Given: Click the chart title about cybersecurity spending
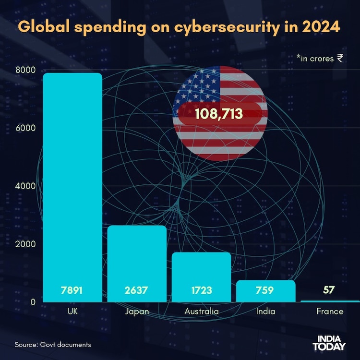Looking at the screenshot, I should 179,26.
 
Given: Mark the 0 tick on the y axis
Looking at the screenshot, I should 32,302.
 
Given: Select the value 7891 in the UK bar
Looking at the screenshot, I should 72,290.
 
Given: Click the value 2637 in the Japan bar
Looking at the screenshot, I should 137,290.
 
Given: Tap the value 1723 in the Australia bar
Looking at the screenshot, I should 201,290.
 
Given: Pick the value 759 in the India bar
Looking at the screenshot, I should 265,290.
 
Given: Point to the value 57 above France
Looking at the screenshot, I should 329,290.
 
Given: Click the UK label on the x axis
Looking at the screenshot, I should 72,312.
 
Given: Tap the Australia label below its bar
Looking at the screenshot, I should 201,312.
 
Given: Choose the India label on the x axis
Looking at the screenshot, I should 265,312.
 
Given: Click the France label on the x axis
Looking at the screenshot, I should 330,312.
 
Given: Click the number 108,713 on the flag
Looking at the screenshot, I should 219,115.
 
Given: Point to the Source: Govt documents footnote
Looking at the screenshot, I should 53,345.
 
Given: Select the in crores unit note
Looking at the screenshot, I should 319,58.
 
